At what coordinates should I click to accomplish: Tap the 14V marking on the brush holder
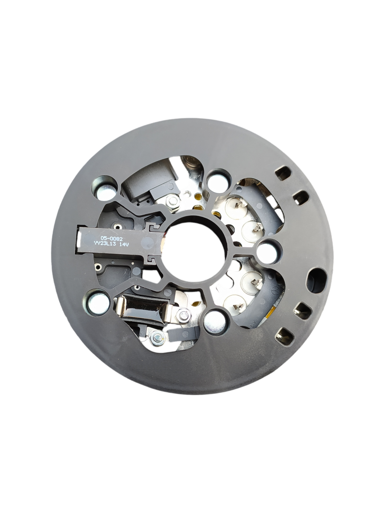[123, 245]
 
